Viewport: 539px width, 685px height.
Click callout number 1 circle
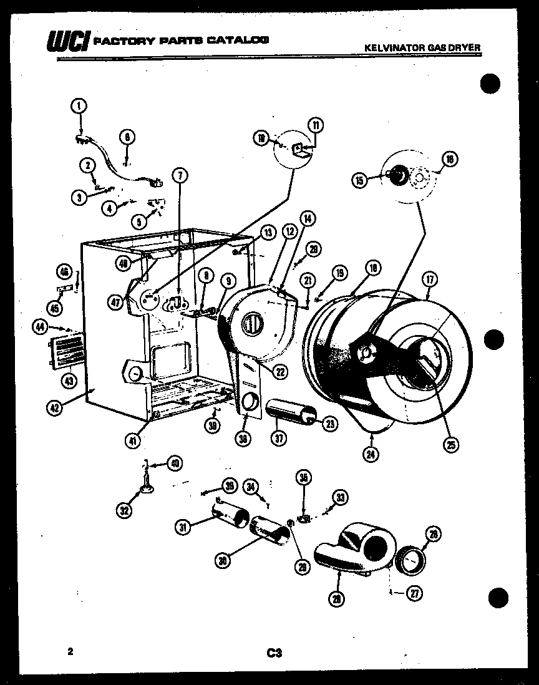click(79, 107)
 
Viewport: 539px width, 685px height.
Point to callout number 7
click(179, 175)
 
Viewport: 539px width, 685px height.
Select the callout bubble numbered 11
click(316, 125)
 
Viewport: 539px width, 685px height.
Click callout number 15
click(360, 181)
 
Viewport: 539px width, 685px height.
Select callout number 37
click(278, 439)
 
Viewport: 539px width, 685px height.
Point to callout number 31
click(182, 528)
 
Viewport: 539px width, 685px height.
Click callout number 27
click(414, 594)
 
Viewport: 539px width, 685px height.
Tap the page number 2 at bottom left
click(71, 652)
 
